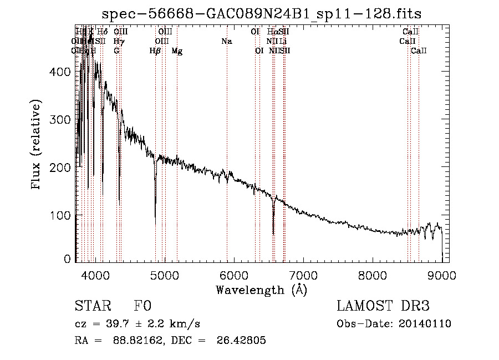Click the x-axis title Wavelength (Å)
pyautogui.click(x=262, y=290)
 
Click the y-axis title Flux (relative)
pyautogui.click(x=37, y=145)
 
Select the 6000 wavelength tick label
pyautogui.click(x=234, y=275)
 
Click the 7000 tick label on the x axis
pyautogui.click(x=303, y=275)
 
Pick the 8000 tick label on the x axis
pyautogui.click(x=373, y=275)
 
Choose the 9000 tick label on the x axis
pyautogui.click(x=441, y=275)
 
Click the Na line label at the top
pyautogui.click(x=226, y=41)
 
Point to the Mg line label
pyautogui.click(x=177, y=50)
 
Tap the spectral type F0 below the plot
pyautogui.click(x=142, y=306)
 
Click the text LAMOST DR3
pyautogui.click(x=383, y=306)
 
